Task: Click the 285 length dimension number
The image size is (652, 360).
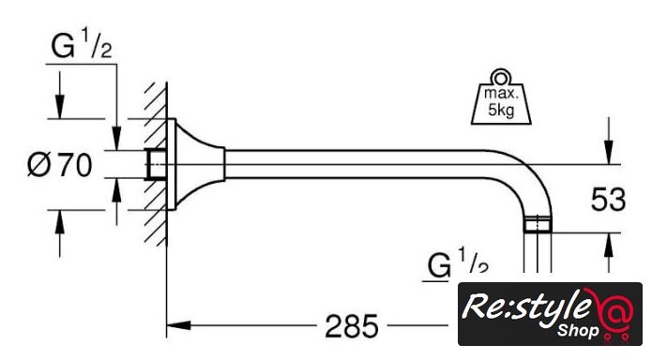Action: [352, 326]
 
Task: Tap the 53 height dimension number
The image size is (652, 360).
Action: [608, 199]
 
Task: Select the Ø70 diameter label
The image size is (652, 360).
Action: [59, 165]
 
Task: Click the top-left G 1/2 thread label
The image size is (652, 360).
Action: [82, 43]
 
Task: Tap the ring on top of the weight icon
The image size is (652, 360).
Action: [500, 77]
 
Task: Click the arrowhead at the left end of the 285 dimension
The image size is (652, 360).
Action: [179, 325]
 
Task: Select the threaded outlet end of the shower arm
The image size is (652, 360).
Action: [538, 224]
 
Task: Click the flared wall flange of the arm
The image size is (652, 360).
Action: [195, 164]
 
